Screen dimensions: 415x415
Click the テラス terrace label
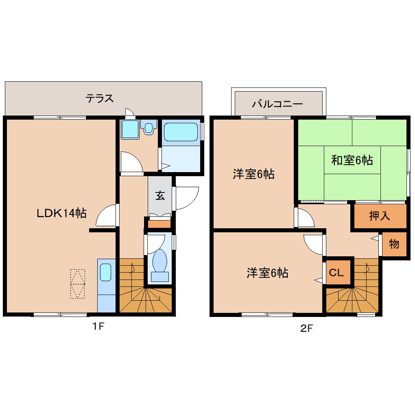99,98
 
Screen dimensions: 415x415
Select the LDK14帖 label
61,213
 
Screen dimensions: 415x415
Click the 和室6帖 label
352,160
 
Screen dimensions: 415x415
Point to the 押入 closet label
379,216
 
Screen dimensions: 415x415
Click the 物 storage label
393,244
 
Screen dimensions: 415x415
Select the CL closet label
336,272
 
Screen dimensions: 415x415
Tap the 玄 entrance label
160,196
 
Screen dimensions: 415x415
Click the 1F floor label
98,326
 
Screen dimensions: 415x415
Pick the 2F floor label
307,329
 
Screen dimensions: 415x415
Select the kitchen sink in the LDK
105,272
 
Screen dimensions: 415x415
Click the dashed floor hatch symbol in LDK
77,284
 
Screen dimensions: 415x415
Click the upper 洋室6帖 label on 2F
253,174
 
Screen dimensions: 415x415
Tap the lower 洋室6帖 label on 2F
267,273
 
